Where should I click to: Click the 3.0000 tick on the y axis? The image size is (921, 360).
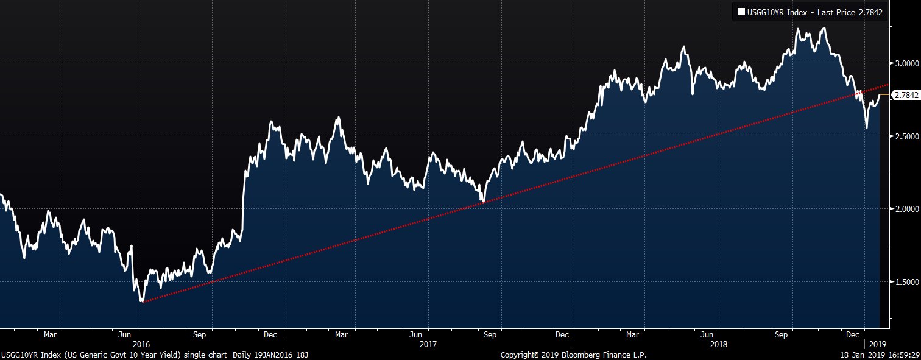click(904, 63)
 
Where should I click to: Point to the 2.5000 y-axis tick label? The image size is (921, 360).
click(904, 136)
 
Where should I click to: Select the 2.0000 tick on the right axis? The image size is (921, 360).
click(904, 209)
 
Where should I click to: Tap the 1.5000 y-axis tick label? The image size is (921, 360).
click(904, 282)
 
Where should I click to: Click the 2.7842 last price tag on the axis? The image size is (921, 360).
click(905, 95)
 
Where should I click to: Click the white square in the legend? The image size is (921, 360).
click(741, 11)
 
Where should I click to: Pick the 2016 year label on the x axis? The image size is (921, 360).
click(141, 344)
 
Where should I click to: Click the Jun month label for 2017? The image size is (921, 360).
click(415, 334)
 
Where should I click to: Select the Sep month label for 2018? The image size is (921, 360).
click(782, 334)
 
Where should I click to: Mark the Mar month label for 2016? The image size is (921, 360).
click(50, 334)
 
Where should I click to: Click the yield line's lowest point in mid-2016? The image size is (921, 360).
click(143, 301)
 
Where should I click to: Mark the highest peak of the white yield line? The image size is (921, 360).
click(824, 28)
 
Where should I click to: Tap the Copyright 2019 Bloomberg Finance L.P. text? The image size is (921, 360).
click(573, 355)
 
